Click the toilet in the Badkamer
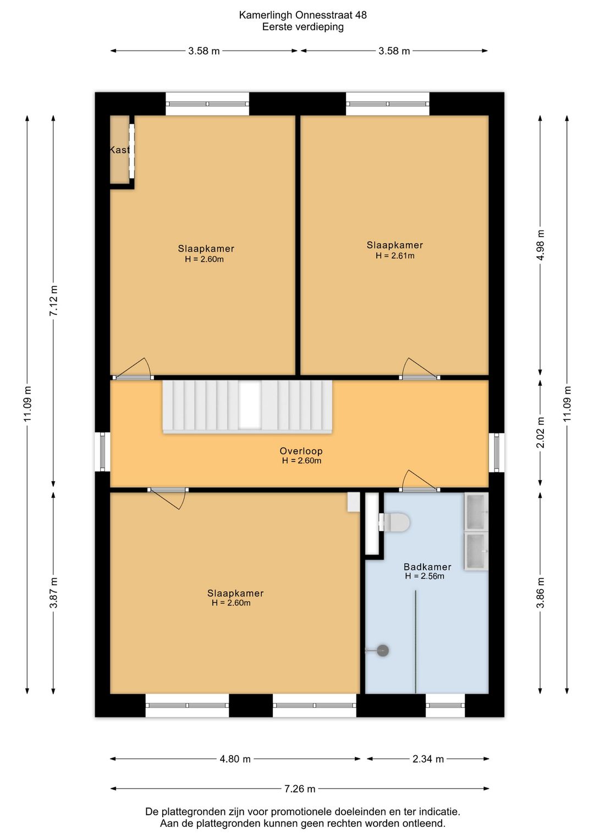click(394, 522)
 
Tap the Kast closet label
click(119, 150)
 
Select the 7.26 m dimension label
click(299, 789)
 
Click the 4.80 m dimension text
click(235, 759)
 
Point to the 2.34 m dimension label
click(428, 759)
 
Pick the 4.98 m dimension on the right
click(541, 245)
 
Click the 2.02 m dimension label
click(541, 432)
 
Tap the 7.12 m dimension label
click(53, 300)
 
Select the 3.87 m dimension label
click(53, 592)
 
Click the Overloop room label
click(301, 451)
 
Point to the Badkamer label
click(427, 567)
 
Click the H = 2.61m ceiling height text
click(395, 256)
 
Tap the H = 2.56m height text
click(425, 576)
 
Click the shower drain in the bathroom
click(383, 650)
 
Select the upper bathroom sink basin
click(476, 511)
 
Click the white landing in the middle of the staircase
click(250, 405)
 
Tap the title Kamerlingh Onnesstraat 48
click(303, 15)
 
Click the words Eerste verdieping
click(303, 27)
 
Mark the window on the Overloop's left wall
click(102, 452)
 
